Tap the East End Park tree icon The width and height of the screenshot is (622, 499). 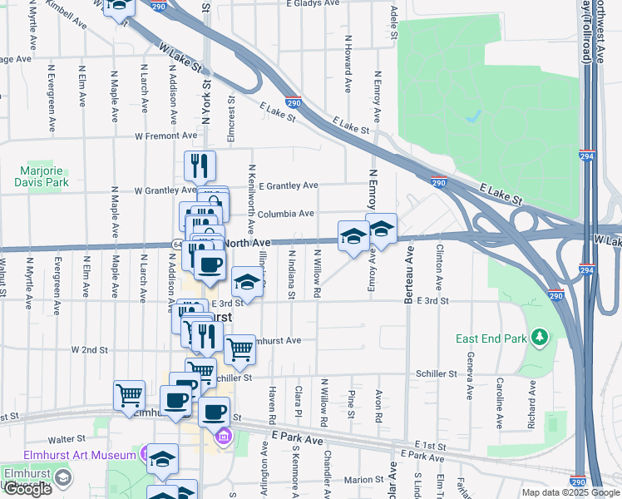[x=541, y=337]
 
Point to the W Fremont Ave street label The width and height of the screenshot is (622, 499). [x=168, y=136]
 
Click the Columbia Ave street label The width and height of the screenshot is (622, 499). [x=285, y=214]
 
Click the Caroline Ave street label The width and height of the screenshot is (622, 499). [x=500, y=403]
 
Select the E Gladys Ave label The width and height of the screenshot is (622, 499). [x=313, y=3]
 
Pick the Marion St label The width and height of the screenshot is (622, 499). [x=363, y=479]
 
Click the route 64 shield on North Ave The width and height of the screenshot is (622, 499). [x=177, y=243]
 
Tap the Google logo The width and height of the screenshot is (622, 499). [x=27, y=489]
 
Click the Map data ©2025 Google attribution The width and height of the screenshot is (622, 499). [x=570, y=492]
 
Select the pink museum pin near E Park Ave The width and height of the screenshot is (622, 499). [x=223, y=436]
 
